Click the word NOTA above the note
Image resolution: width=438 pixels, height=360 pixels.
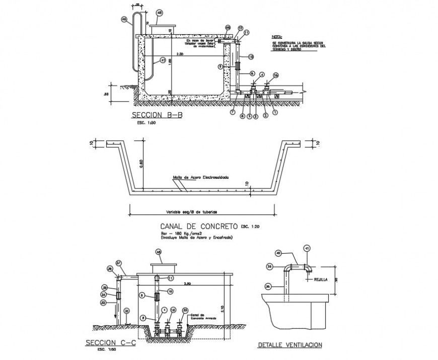[277, 37]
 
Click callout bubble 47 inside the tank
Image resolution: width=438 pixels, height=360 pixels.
[163, 60]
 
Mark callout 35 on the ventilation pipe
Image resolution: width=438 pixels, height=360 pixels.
[268, 286]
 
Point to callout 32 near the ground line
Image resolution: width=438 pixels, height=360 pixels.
[126, 310]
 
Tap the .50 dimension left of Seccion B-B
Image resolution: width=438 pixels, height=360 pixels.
[106, 94]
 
